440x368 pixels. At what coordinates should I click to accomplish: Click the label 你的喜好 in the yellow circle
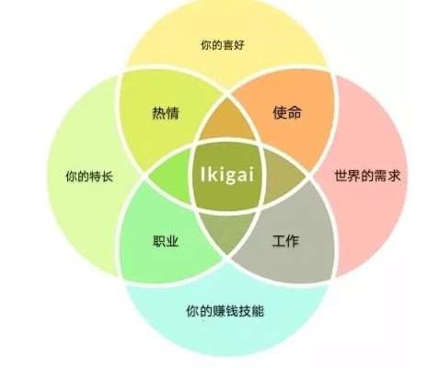[223, 45]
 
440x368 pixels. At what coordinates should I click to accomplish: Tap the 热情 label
[166, 113]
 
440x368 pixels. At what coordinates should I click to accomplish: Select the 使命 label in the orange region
[287, 112]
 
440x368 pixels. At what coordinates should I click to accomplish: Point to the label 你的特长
[89, 177]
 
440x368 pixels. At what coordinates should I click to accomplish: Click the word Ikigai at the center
[227, 175]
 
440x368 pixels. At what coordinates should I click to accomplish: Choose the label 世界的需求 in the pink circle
[367, 176]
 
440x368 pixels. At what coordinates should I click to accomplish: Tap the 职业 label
[166, 241]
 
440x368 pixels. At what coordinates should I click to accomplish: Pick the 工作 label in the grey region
[285, 241]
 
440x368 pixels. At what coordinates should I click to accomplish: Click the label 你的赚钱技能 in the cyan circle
[225, 311]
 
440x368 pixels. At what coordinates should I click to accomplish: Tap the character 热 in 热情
[158, 113]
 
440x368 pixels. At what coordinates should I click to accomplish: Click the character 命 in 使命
[295, 112]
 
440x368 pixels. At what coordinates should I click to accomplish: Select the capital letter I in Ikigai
[203, 174]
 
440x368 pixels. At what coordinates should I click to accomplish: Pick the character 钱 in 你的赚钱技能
[233, 311]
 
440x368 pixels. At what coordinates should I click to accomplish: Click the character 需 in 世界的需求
[381, 176]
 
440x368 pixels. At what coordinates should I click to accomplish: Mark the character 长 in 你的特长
[107, 177]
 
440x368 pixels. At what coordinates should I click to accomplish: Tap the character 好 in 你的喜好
[239, 45]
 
